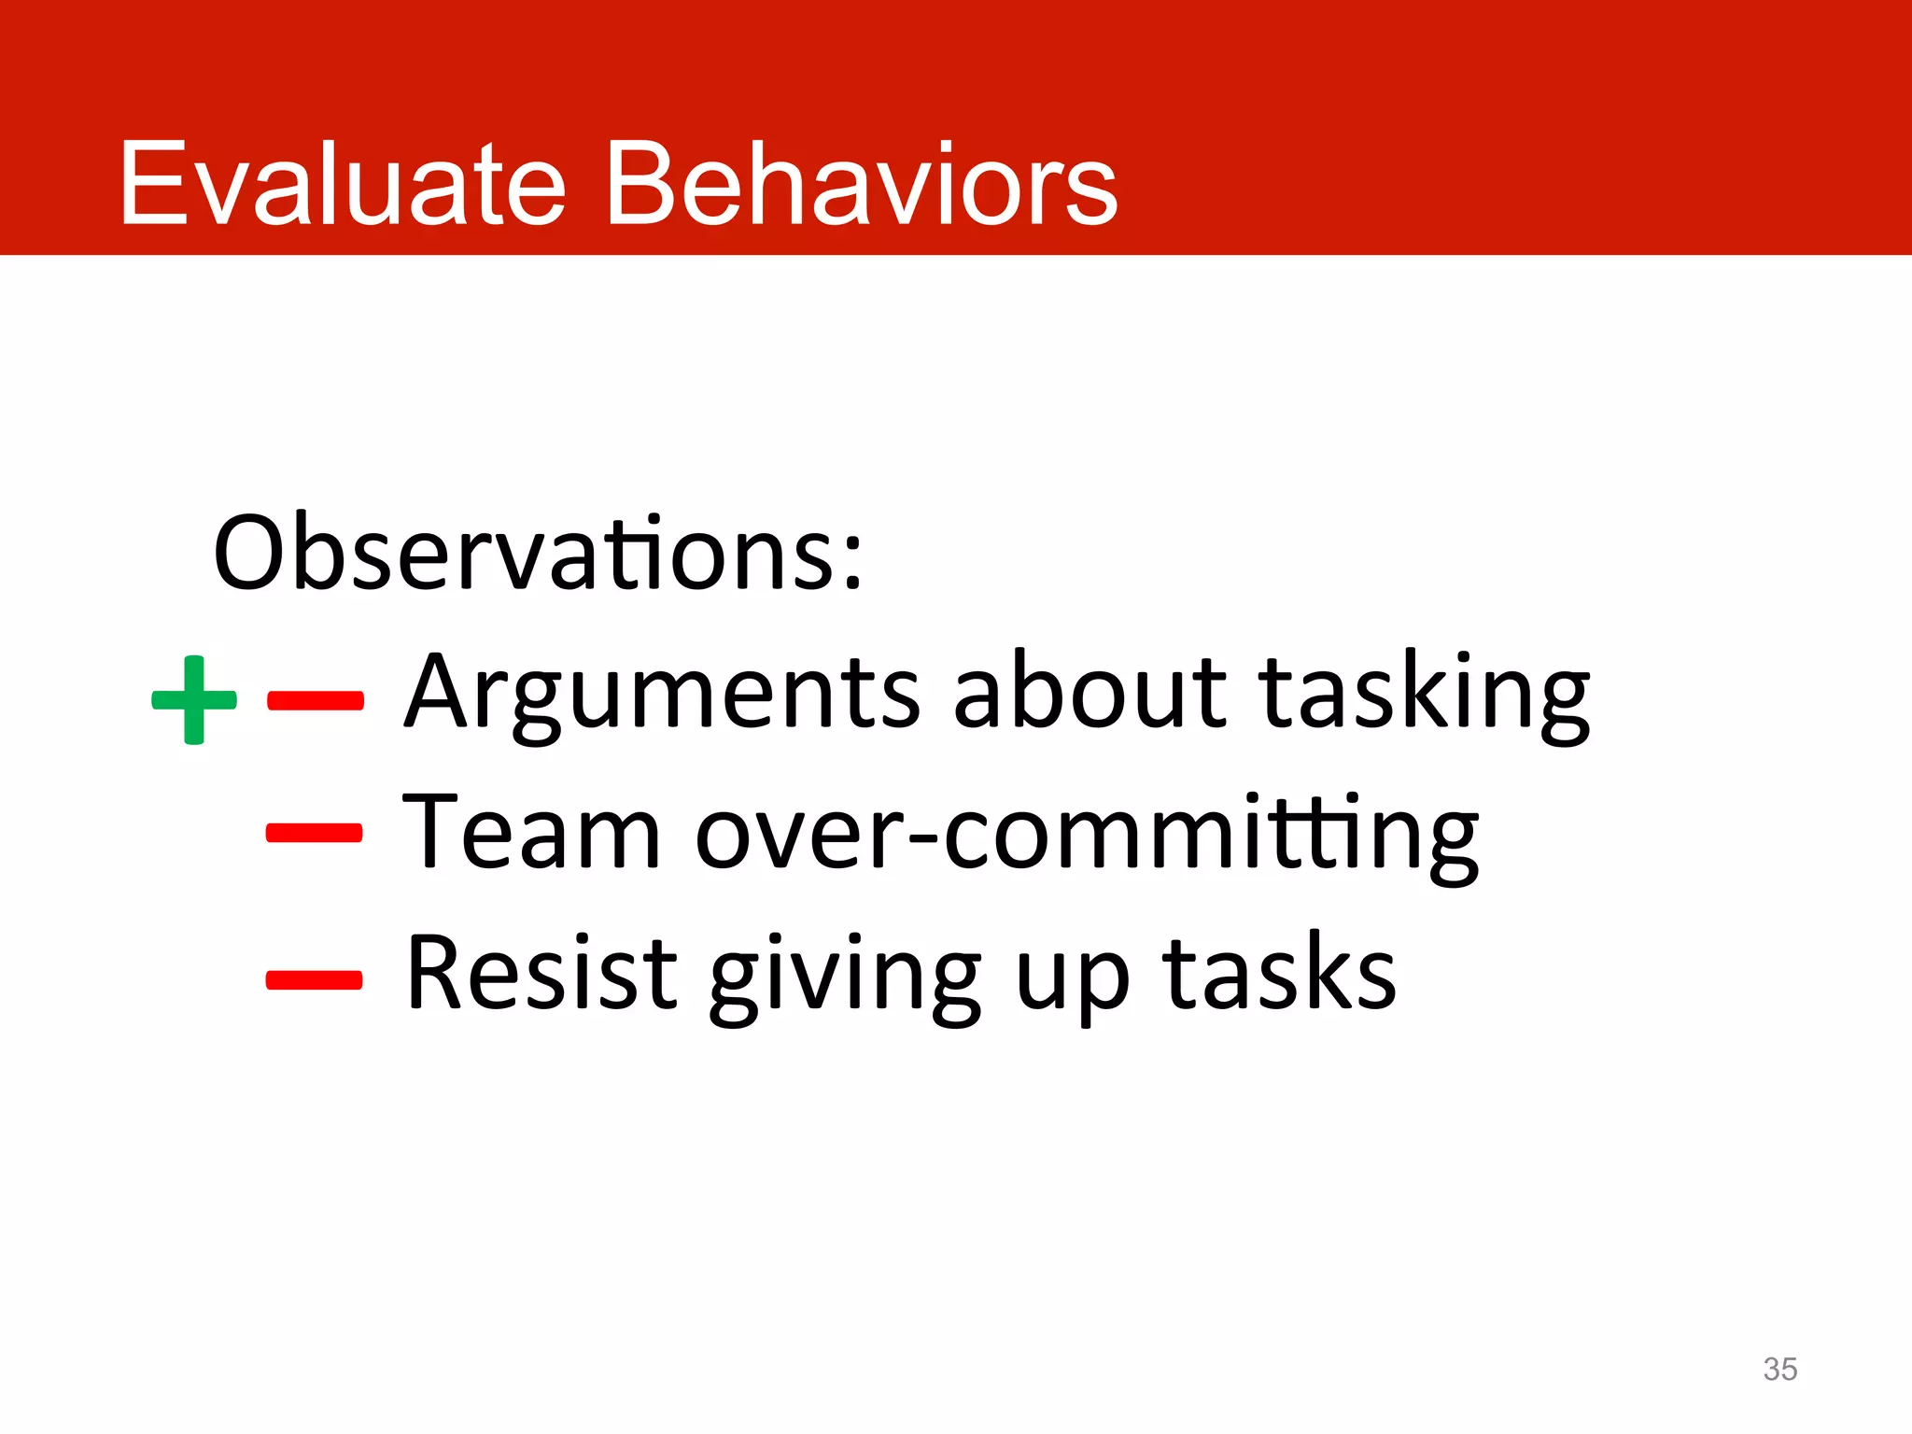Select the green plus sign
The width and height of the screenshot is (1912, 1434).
(194, 699)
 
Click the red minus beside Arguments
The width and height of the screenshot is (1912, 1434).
(315, 700)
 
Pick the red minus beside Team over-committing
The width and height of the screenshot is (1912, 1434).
(314, 832)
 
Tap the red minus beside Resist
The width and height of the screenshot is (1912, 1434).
(314, 979)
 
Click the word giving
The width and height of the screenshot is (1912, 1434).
(845, 977)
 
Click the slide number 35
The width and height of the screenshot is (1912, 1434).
(1779, 1369)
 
